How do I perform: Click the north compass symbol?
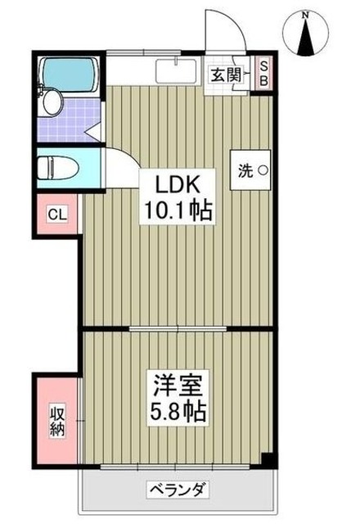coord(307,38)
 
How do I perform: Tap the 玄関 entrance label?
coord(224,75)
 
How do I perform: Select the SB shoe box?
coord(263,74)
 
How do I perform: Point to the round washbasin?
coord(52,102)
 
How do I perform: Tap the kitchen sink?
coord(174,72)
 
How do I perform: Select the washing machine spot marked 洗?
coord(251,171)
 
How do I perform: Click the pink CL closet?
coord(56,215)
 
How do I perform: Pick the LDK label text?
coord(180,182)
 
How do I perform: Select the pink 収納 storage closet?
coord(56,418)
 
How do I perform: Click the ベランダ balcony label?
coord(177,490)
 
